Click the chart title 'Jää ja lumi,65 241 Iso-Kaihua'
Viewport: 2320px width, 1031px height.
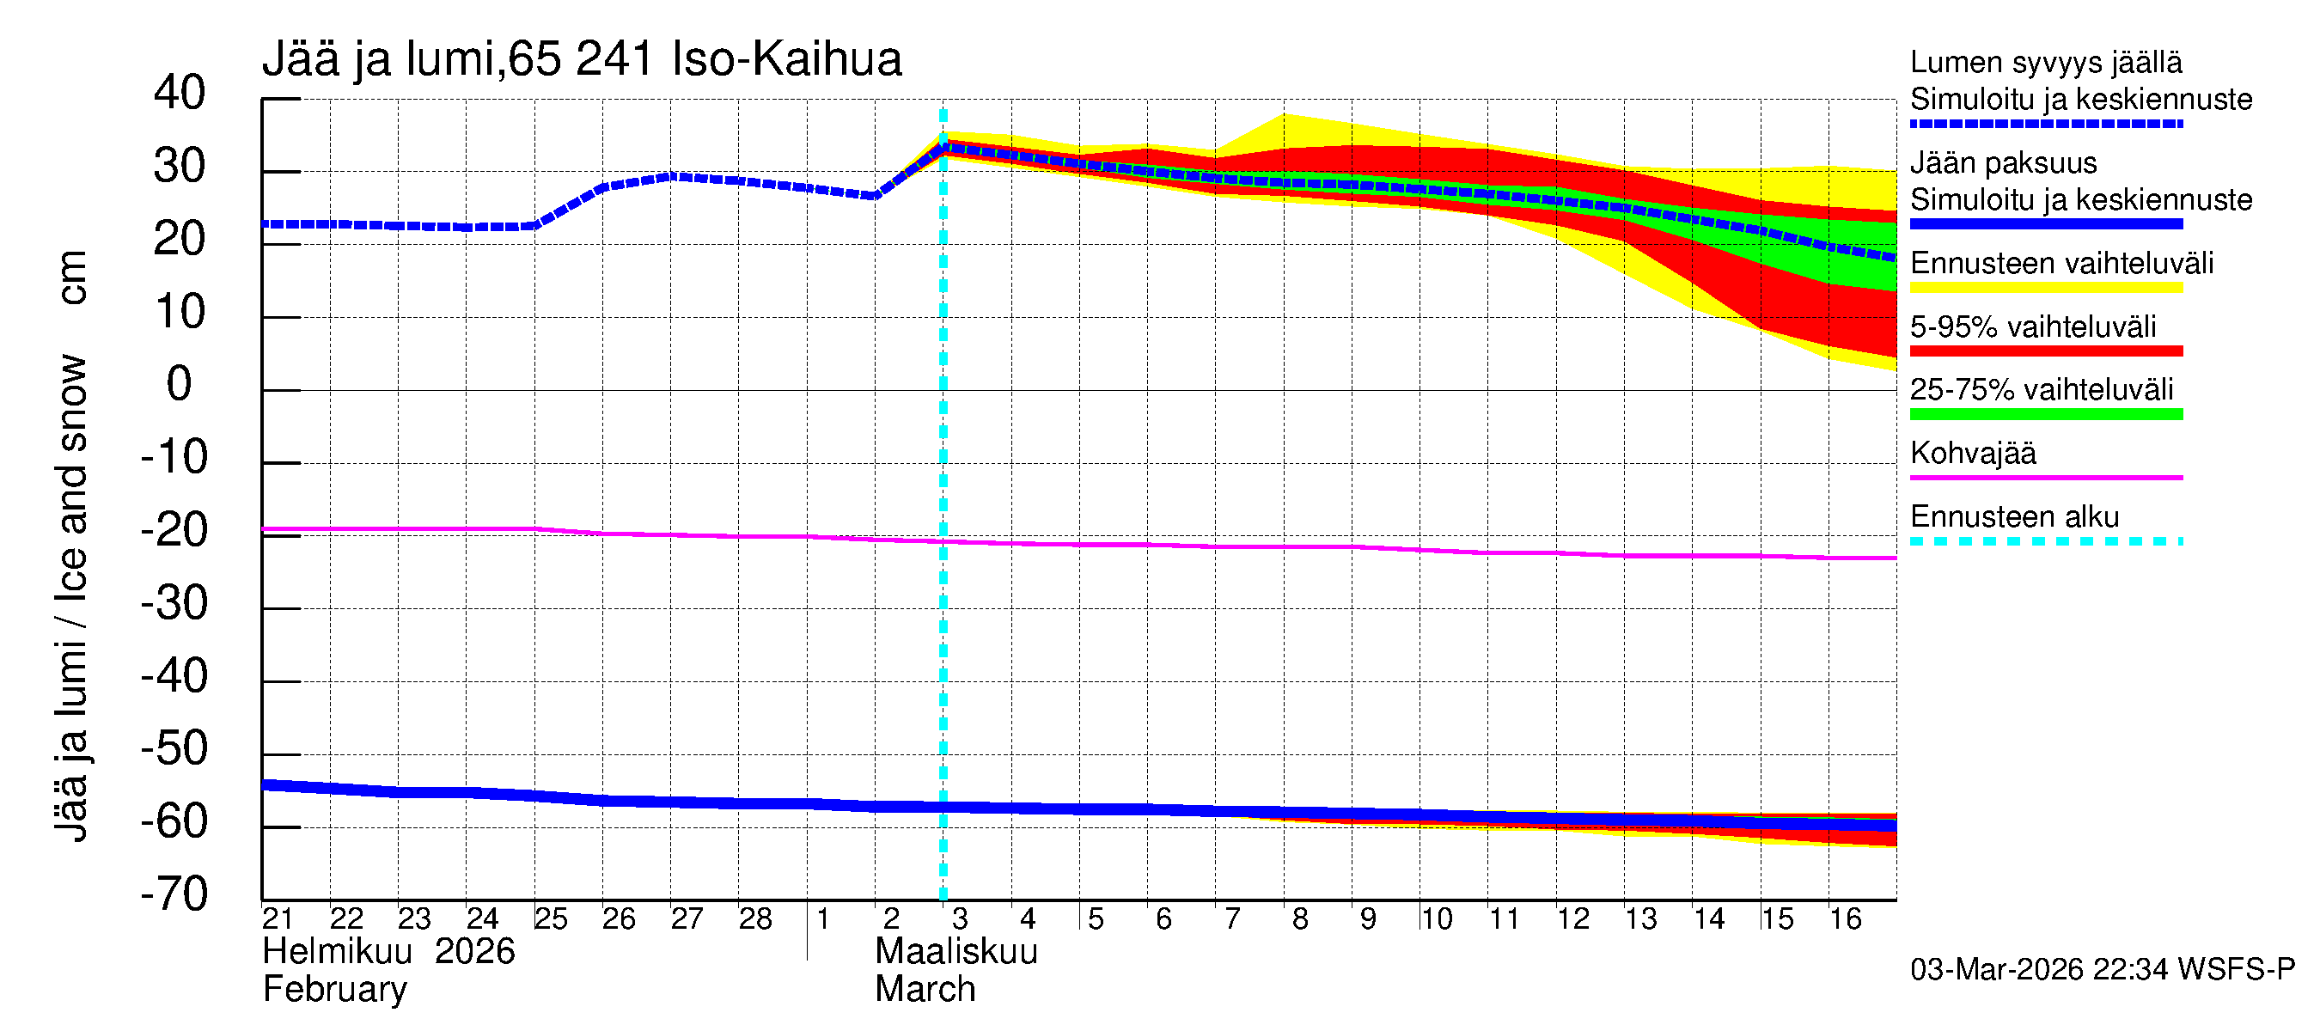pyautogui.click(x=582, y=59)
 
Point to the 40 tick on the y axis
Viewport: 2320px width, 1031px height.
pyautogui.click(x=180, y=93)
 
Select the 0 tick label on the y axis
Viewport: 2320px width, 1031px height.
pyautogui.click(x=180, y=385)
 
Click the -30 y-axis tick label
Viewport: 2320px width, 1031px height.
pyautogui.click(x=174, y=603)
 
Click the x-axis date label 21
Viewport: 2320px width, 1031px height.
pyautogui.click(x=278, y=918)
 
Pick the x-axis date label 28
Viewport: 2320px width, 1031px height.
pyautogui.click(x=754, y=918)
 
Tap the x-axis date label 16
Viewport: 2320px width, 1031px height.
pyautogui.click(x=1845, y=918)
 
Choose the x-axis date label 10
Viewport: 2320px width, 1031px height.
pyautogui.click(x=1436, y=918)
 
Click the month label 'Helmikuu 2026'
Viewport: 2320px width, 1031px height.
pyautogui.click(x=388, y=952)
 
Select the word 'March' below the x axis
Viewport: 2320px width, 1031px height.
pyautogui.click(x=925, y=990)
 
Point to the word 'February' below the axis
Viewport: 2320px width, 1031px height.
pyautogui.click(x=334, y=990)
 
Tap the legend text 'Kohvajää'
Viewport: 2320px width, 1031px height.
pyautogui.click(x=1972, y=453)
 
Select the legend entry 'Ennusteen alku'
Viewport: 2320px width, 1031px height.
pyautogui.click(x=2015, y=517)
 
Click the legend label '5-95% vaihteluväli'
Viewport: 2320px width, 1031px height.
pyautogui.click(x=2033, y=326)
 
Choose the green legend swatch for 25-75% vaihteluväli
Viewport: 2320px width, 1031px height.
pyautogui.click(x=2045, y=414)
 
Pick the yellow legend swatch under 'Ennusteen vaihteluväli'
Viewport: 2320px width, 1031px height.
pyautogui.click(x=2045, y=288)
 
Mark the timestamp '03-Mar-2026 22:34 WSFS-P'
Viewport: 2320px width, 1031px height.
pyautogui.click(x=2102, y=969)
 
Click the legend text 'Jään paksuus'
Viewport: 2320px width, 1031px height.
pyautogui.click(x=2003, y=163)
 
